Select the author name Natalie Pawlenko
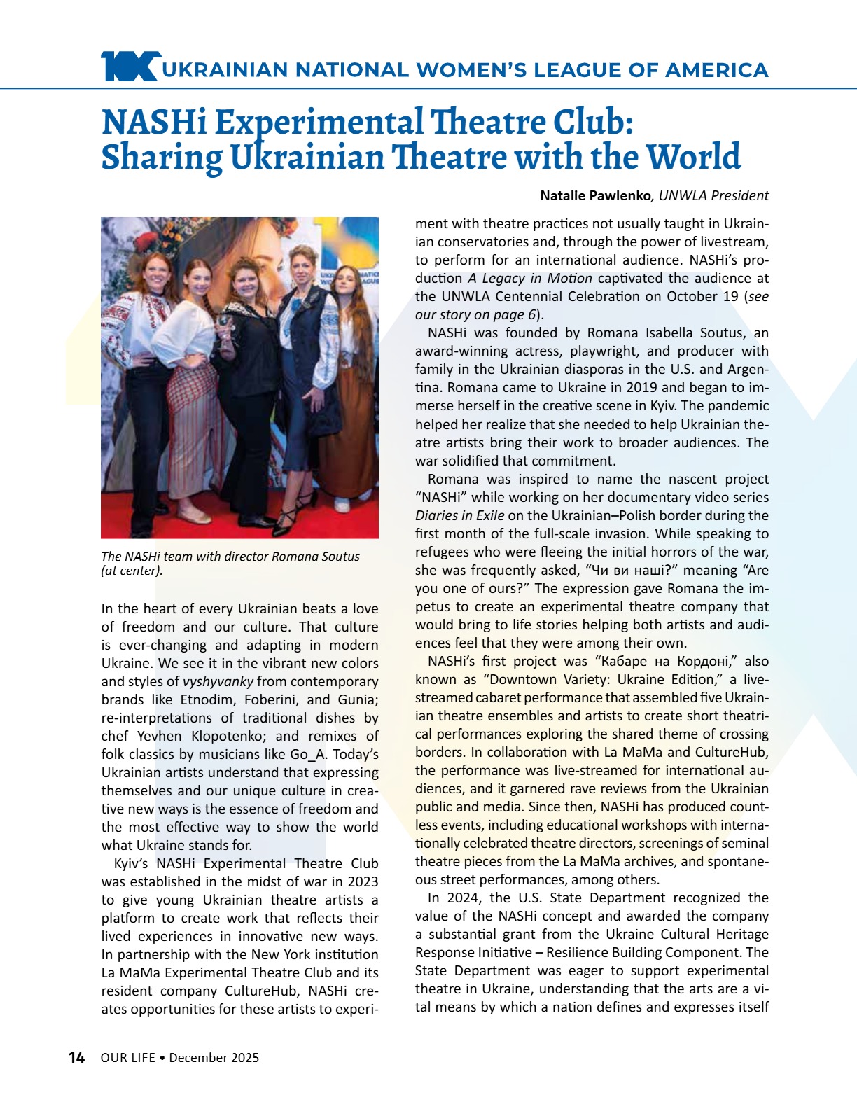click(x=596, y=196)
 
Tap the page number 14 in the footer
click(x=76, y=1058)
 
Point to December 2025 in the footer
click(x=214, y=1058)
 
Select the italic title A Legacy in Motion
click(x=530, y=279)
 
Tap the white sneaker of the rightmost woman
click(x=342, y=504)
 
